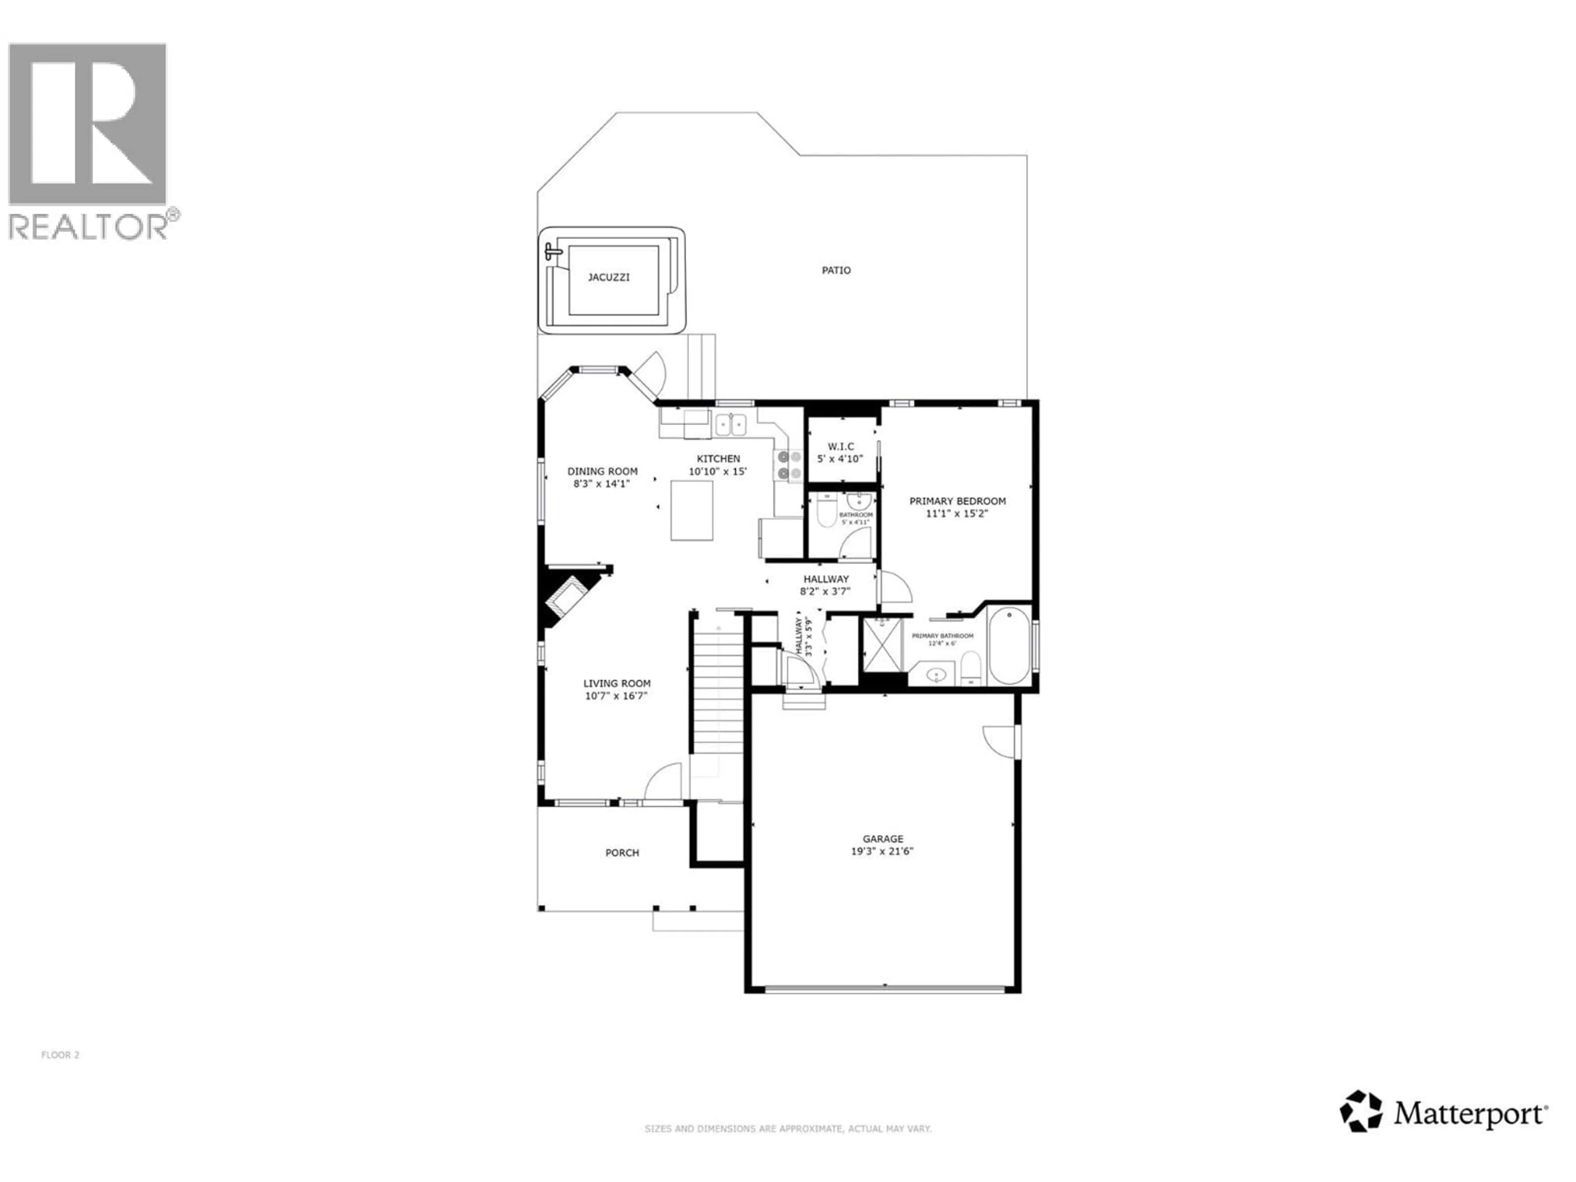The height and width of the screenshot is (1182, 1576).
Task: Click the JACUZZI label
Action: point(609,277)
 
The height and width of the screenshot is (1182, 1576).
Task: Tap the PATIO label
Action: point(836,270)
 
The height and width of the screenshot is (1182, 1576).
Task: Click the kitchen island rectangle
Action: point(691,510)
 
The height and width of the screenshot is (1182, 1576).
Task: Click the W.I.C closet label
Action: point(841,446)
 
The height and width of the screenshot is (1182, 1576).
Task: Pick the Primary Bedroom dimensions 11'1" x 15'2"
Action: point(957,513)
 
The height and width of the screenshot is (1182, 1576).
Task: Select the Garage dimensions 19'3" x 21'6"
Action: point(882,851)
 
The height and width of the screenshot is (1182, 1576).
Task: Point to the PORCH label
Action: point(622,852)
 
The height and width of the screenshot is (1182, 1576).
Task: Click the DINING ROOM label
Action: point(602,471)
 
